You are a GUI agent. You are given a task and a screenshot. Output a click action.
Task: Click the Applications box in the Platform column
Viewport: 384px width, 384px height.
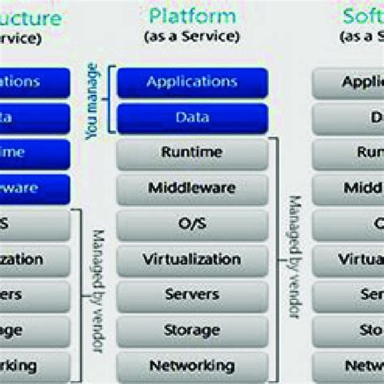[192, 82]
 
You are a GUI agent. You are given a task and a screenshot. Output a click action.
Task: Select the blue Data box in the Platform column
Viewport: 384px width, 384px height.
[192, 117]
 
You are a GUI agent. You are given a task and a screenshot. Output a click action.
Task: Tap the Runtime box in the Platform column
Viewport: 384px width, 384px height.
[192, 153]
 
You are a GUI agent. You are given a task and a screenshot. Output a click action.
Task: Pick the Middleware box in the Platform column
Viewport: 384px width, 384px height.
[192, 189]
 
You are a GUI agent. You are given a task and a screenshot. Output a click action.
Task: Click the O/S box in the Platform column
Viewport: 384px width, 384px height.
[192, 224]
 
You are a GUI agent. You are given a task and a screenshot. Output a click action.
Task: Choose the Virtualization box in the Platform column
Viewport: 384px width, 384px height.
[192, 260]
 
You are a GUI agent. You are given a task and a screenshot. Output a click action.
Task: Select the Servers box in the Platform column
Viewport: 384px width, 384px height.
[192, 294]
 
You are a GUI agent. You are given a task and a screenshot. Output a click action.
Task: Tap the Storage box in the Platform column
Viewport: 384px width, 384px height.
[192, 330]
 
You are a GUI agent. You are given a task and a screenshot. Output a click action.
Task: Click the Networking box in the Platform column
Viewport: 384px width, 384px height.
[192, 364]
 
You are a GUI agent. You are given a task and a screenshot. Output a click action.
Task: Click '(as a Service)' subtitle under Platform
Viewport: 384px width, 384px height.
[192, 36]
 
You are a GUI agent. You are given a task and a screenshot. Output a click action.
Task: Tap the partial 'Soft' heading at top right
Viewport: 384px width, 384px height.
[363, 15]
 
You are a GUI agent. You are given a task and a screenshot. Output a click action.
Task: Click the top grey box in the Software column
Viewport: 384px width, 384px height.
[349, 82]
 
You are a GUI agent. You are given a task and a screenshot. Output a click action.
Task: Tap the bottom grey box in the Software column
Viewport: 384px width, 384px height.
[349, 364]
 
